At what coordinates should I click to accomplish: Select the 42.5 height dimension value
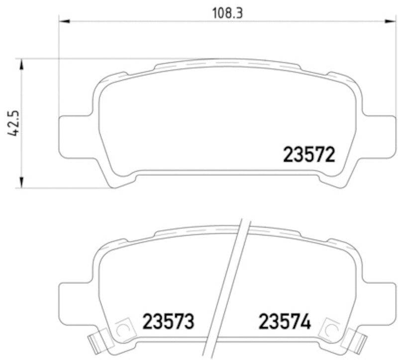click(13, 123)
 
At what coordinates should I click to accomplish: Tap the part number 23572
click(308, 155)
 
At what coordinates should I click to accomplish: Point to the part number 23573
click(168, 322)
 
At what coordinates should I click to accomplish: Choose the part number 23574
click(284, 322)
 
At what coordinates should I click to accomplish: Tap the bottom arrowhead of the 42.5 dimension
click(21, 183)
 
